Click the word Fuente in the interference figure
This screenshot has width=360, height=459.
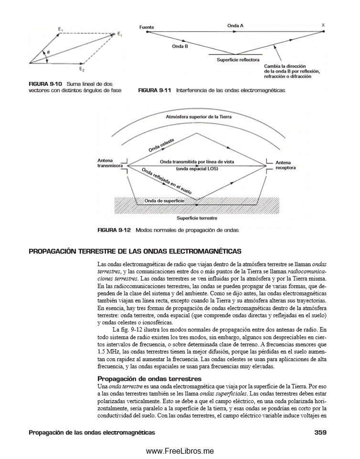[x=147, y=27]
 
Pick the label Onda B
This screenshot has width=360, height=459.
[x=180, y=46]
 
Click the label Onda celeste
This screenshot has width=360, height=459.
[x=161, y=145]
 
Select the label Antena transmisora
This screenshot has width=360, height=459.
[x=107, y=164]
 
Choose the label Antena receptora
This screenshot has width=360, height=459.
[x=286, y=165]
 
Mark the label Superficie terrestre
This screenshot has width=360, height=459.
[x=196, y=218]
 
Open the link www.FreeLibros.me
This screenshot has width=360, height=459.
[x=180, y=451]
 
